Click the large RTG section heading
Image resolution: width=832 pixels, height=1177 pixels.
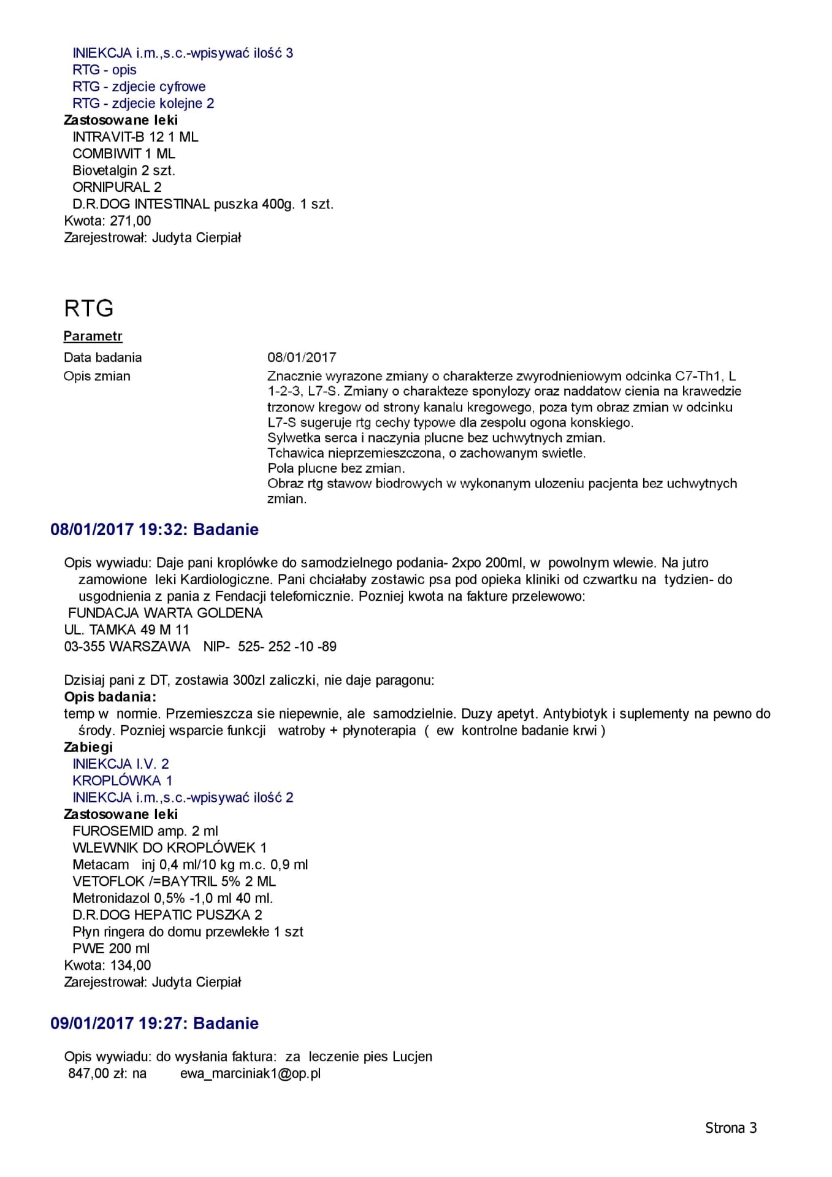(89, 308)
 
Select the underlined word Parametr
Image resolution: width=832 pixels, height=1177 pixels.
(93, 336)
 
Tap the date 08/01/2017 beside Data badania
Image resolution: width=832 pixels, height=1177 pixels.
(302, 357)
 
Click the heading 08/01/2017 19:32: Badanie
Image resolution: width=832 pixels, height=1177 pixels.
(155, 530)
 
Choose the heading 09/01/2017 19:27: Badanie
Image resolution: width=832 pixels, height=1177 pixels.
(155, 1023)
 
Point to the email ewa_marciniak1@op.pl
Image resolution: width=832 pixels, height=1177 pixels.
(250, 1073)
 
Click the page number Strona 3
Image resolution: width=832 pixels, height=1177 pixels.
(731, 1128)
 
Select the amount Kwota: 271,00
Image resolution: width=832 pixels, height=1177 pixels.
(107, 221)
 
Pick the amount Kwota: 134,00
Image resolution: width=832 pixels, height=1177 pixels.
(107, 965)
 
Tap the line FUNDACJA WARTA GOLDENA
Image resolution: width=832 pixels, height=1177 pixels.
(165, 613)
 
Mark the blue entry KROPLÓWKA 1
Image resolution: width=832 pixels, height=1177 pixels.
(123, 780)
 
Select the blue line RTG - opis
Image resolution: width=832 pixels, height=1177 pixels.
(104, 70)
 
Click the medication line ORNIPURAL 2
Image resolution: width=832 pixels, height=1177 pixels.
(117, 187)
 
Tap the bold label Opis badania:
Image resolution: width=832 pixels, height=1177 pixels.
(110, 697)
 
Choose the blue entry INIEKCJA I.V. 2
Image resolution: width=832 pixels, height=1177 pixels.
(121, 764)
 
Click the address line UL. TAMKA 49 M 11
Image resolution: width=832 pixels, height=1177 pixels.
(127, 630)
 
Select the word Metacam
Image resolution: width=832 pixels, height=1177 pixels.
(101, 864)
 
